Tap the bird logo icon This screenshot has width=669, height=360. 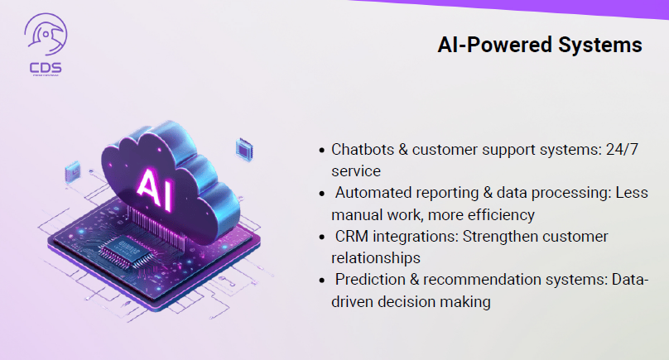46,34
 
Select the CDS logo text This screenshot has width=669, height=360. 46,67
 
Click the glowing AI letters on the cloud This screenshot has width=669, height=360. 155,190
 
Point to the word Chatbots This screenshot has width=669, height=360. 363,150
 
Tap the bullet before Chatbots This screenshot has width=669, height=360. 322,150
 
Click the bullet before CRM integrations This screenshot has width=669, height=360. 322,237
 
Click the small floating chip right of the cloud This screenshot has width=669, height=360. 244,150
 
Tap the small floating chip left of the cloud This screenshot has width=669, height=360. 72,172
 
